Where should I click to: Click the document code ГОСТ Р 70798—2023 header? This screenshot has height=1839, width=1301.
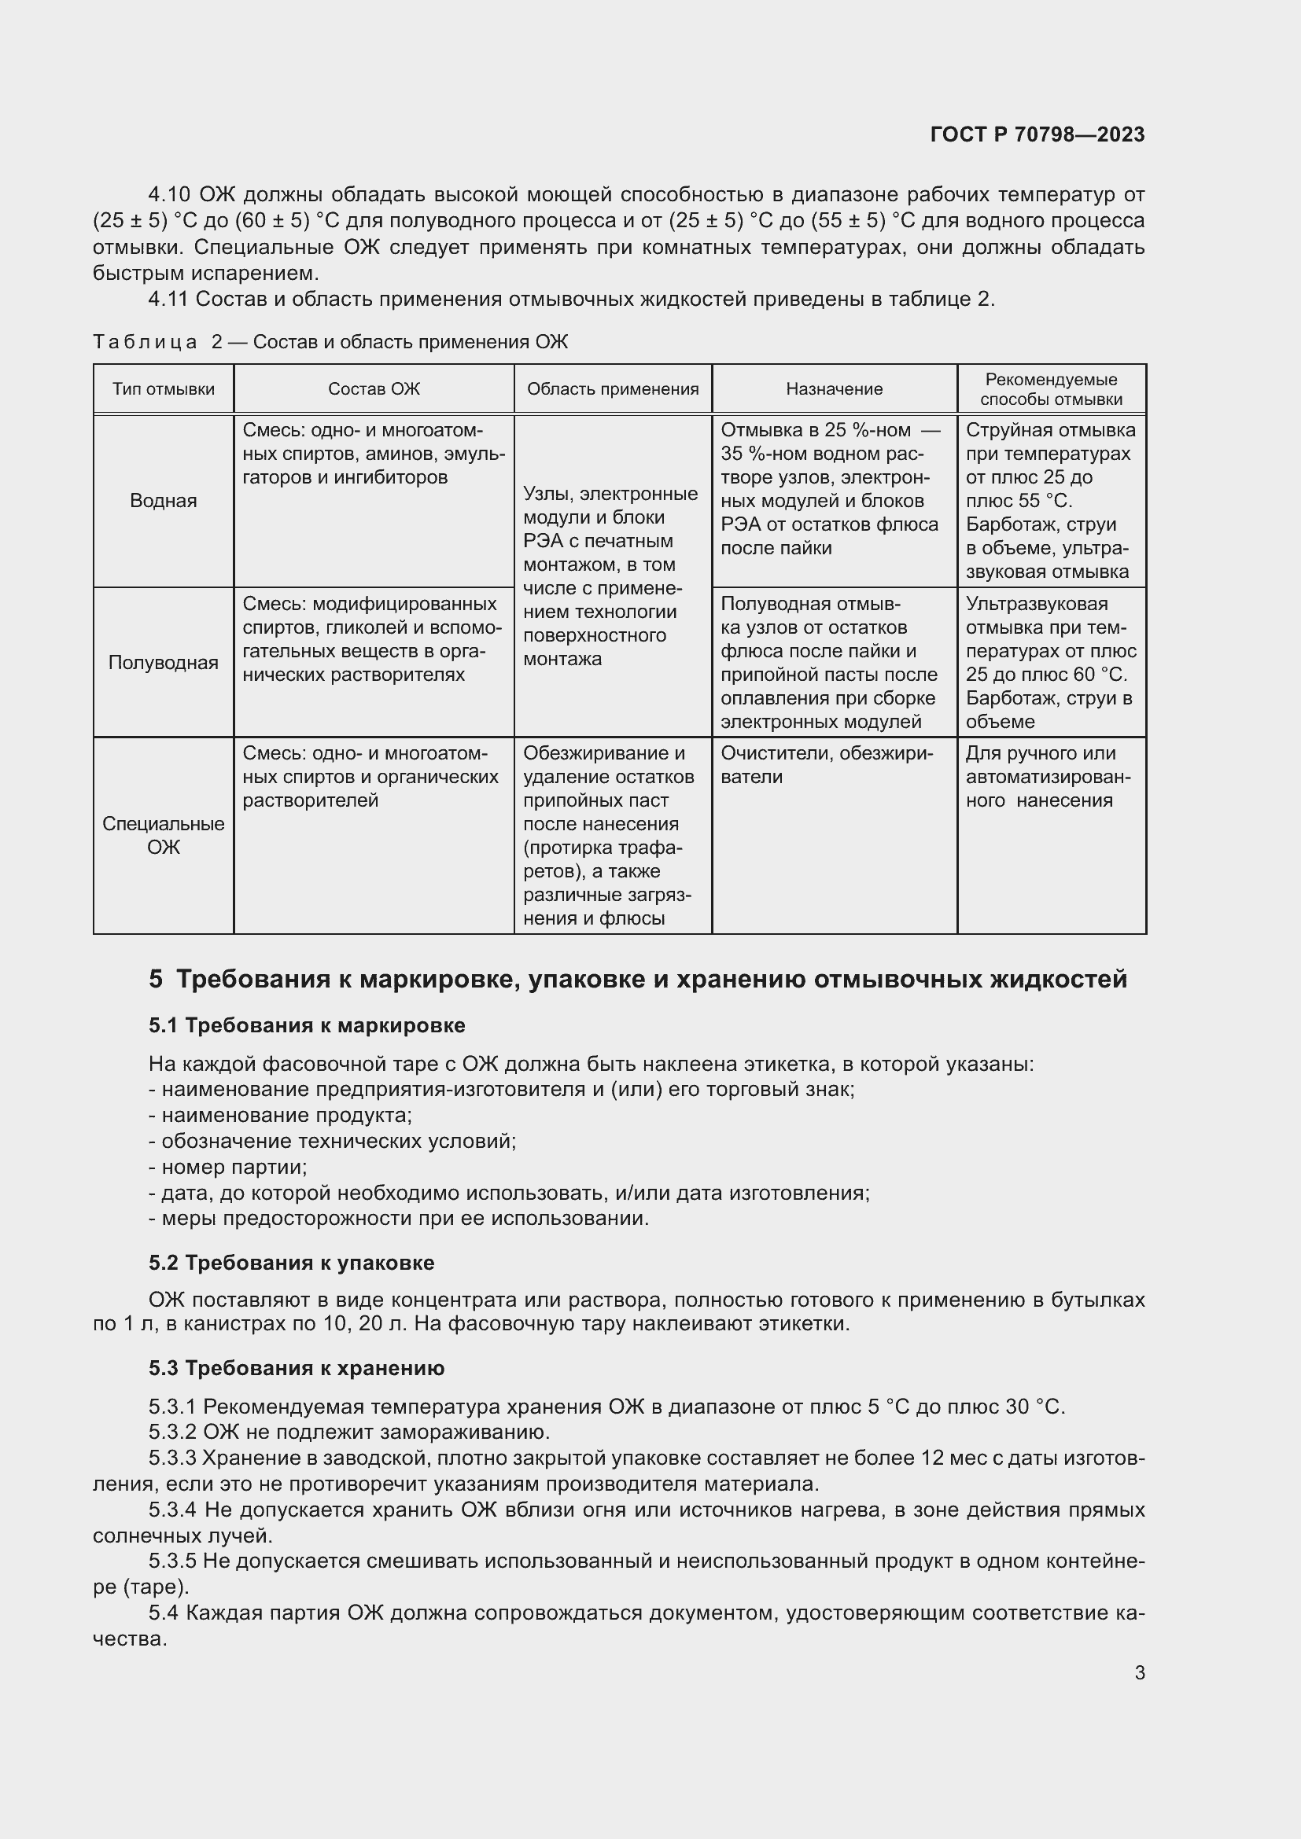coord(1037,134)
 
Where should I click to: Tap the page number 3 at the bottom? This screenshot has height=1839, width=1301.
coord(1139,1672)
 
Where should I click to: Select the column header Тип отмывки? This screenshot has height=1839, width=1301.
coord(164,389)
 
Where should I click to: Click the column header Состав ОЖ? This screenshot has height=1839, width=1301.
coord(374,389)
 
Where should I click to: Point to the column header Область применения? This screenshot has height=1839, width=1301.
coord(613,389)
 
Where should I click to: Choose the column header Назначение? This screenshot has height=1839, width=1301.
coord(834,389)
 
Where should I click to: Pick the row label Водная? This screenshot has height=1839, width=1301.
coord(164,502)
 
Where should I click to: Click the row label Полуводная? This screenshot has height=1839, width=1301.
coord(164,662)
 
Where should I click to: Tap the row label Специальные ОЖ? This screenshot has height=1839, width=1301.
coord(164,836)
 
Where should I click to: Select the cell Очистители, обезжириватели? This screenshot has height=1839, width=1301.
coord(826,765)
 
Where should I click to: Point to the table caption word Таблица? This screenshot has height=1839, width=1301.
coord(145,343)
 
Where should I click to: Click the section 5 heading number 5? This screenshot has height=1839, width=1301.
coord(156,979)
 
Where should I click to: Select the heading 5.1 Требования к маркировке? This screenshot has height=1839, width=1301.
coord(306,1025)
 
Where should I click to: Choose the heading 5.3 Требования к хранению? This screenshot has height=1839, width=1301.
coord(297,1368)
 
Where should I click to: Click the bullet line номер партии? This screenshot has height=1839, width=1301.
coord(229,1167)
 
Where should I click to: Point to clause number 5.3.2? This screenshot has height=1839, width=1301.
coord(172,1432)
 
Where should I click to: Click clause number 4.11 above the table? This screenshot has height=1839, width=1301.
coord(168,300)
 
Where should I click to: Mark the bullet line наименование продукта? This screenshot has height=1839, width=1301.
coord(282,1115)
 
